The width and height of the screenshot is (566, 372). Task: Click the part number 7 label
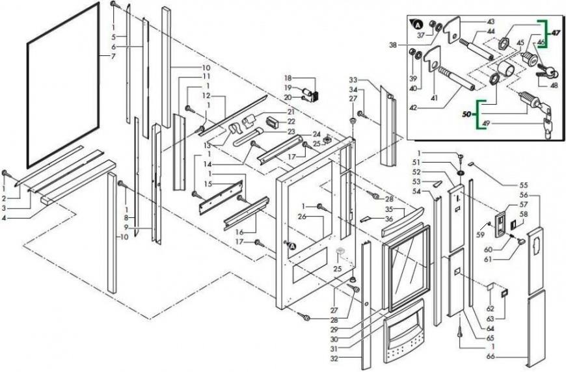113,57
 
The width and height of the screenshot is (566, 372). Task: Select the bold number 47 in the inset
555,33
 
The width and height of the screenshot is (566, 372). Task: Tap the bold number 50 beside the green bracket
467,114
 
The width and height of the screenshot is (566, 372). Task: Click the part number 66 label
4,218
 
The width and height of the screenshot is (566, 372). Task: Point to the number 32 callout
334,359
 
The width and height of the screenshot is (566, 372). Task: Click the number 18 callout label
288,78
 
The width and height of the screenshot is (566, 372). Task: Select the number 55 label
523,185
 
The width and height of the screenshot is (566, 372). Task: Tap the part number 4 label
4,218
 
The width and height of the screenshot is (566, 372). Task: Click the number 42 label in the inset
413,107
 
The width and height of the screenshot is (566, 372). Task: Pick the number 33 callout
353,80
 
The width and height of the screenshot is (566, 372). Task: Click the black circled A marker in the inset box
417,25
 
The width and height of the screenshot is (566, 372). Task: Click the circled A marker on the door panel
291,246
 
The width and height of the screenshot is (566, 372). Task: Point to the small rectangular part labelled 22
273,122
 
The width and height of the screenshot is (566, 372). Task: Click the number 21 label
291,113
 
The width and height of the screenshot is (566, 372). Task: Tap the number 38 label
394,45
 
